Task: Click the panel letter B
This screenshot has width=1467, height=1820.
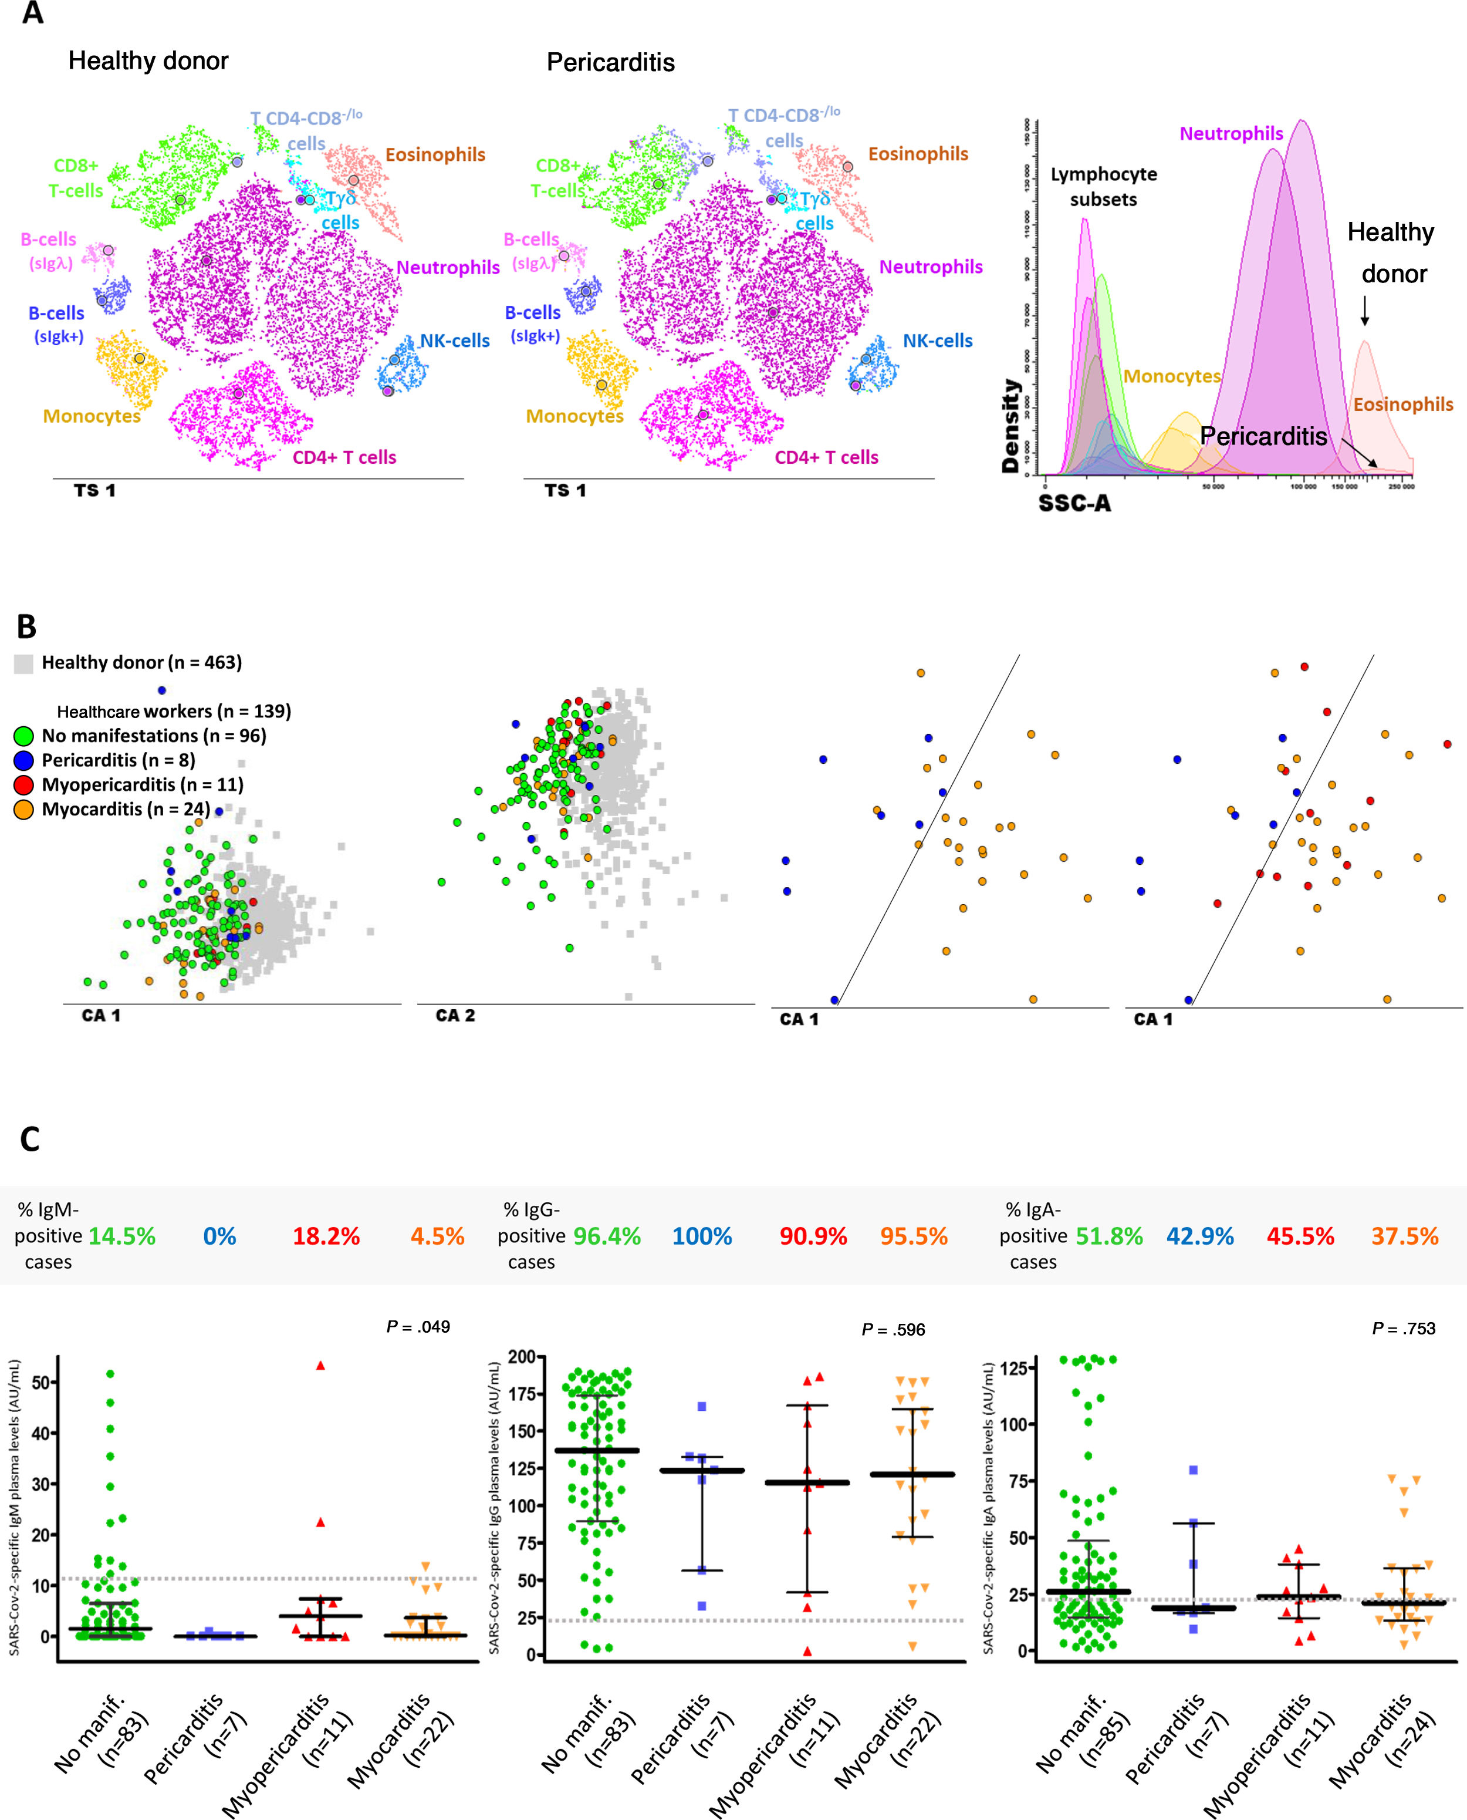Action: point(26,626)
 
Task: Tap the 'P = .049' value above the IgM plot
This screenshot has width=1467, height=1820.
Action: point(418,1326)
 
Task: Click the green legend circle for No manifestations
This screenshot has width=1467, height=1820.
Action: point(23,736)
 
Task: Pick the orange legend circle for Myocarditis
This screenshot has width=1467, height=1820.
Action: point(23,810)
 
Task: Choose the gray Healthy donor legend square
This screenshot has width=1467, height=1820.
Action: point(23,663)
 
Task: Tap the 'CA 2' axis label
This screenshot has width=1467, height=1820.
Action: point(455,1015)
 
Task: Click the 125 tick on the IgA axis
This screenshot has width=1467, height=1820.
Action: point(1014,1368)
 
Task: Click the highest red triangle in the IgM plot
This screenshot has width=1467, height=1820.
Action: point(320,1365)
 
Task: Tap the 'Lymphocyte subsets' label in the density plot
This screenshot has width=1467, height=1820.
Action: point(1104,187)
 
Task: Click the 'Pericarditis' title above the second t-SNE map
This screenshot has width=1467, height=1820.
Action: point(610,63)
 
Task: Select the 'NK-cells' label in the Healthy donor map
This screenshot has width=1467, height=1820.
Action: point(455,341)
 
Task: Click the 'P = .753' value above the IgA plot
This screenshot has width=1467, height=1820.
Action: point(1403,1328)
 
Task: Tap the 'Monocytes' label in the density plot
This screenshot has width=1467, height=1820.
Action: point(1172,376)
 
